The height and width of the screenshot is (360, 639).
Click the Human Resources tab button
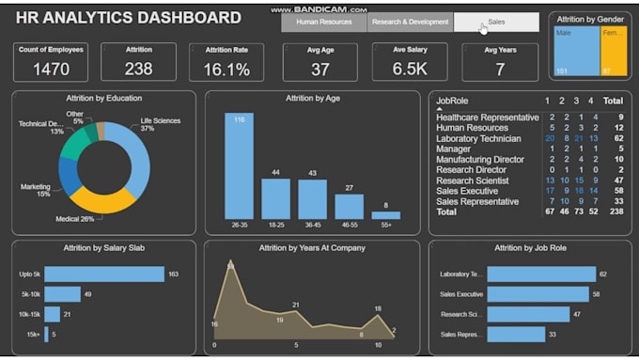tap(323, 23)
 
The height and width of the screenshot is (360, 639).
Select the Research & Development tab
tap(410, 23)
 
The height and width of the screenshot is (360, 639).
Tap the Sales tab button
tap(496, 23)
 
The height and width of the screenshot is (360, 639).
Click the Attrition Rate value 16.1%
tap(226, 69)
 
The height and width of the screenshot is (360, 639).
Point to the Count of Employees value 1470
tap(51, 69)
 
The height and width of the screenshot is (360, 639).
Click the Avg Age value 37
tap(320, 69)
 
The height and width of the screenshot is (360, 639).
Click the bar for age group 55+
tap(385, 215)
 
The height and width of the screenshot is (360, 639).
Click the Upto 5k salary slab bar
tap(103, 274)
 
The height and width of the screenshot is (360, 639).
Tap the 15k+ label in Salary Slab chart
tap(33, 334)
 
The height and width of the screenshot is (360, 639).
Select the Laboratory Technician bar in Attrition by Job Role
tap(541, 274)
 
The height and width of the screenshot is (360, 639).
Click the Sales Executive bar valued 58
tap(538, 294)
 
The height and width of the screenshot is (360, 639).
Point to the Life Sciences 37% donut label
tap(161, 124)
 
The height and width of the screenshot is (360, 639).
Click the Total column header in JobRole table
tap(613, 100)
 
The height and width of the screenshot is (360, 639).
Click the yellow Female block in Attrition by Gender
tap(612, 51)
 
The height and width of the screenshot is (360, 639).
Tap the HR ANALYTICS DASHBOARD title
tap(129, 18)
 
